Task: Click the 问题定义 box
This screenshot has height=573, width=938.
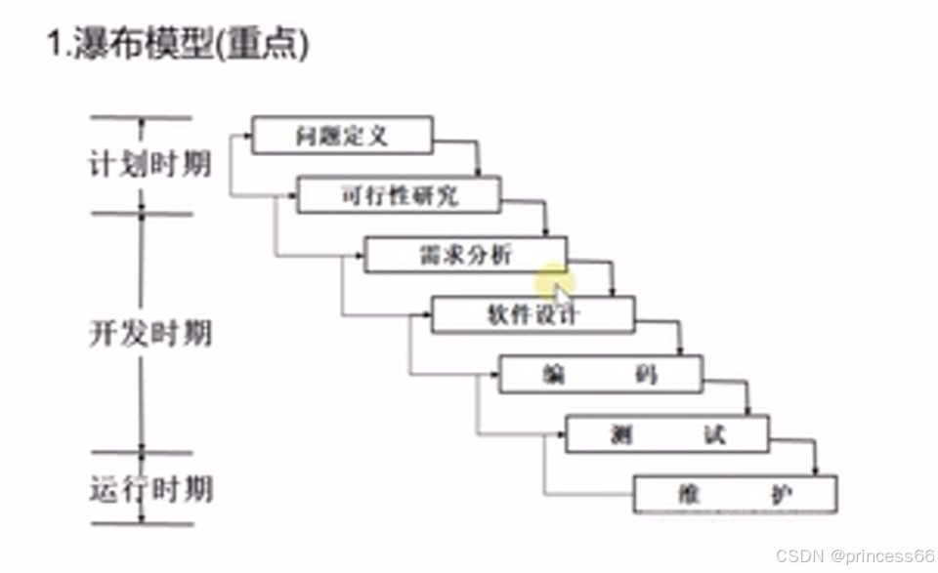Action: (x=341, y=136)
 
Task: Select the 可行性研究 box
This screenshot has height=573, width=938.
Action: (x=399, y=195)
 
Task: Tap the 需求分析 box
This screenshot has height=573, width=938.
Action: (x=465, y=256)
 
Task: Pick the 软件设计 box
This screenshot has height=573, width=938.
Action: (x=533, y=315)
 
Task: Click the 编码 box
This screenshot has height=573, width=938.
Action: (x=600, y=375)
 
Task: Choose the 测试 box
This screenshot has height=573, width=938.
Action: (x=666, y=434)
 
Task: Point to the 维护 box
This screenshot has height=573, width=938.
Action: (x=735, y=494)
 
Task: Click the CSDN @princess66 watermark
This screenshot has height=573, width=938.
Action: (x=854, y=555)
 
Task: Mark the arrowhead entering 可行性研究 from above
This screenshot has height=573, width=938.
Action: (x=478, y=173)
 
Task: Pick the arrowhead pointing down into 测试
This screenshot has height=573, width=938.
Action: (x=747, y=411)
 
